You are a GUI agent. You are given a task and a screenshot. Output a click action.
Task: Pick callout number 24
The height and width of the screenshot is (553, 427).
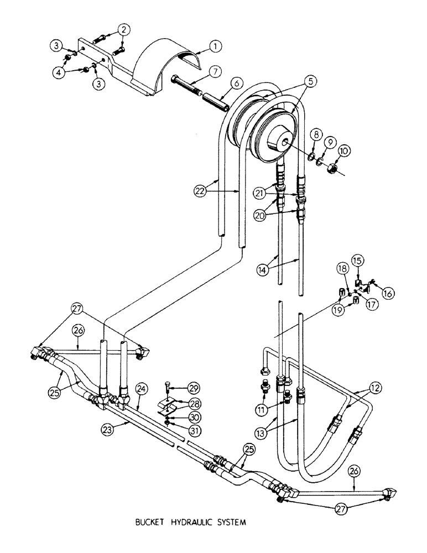pos(141,389)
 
